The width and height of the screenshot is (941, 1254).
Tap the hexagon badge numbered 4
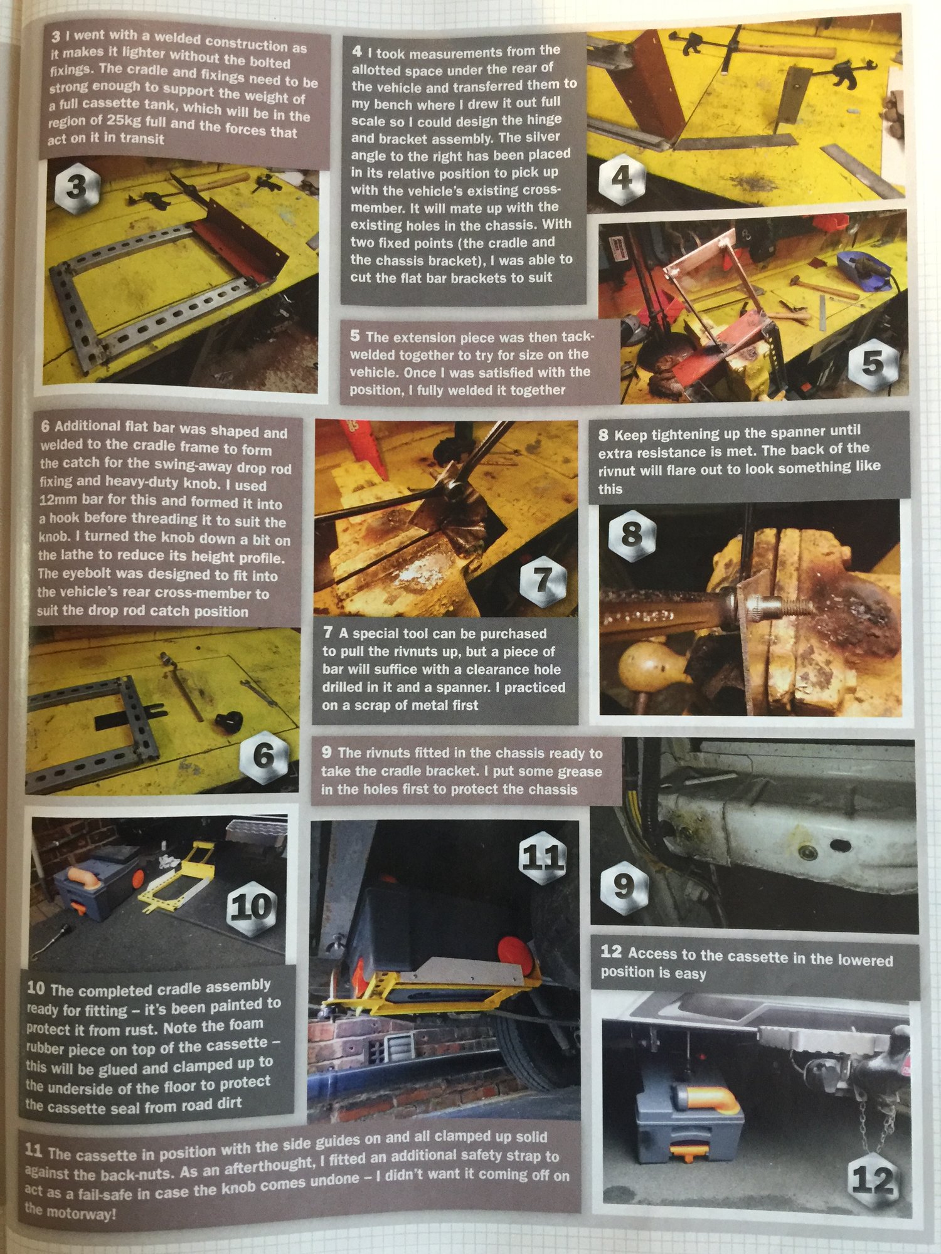[x=620, y=177]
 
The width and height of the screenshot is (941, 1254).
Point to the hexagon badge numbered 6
[x=263, y=754]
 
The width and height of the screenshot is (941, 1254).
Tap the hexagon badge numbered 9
[x=624, y=885]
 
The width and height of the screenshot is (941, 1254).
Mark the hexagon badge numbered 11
[x=543, y=856]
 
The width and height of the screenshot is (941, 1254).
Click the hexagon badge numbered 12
[x=873, y=1181]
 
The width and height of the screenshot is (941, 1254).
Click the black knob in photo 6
[x=228, y=720]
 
